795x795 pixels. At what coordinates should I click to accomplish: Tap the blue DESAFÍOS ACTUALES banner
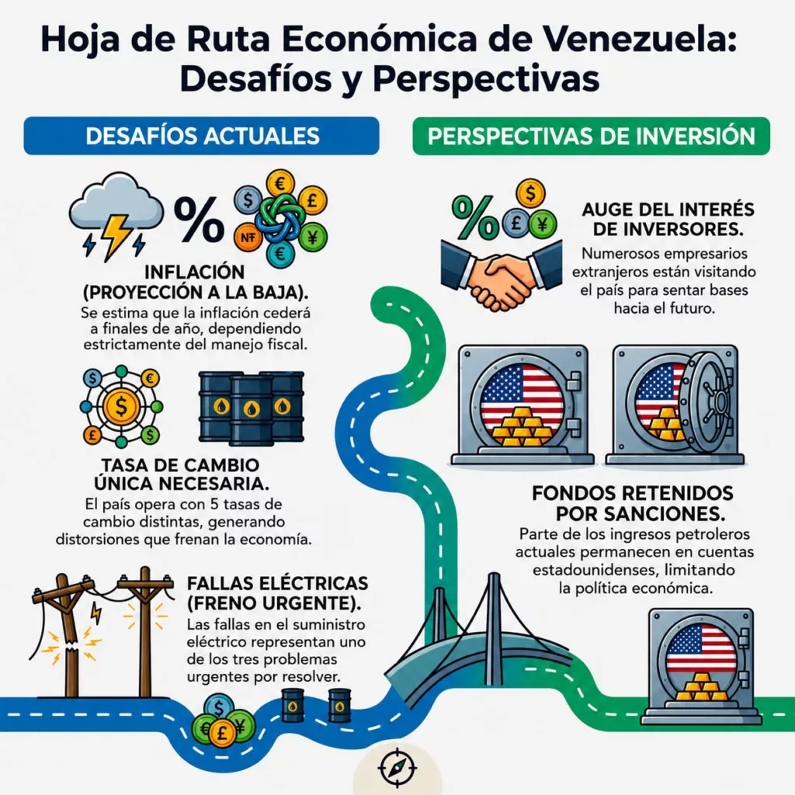(x=201, y=136)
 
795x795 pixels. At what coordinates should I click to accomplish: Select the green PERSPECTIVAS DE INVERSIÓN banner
(x=591, y=136)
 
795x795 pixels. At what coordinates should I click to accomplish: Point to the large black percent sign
(x=199, y=219)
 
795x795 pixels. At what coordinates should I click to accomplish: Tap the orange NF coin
(x=248, y=237)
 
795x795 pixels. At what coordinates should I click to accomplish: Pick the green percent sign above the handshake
(x=474, y=217)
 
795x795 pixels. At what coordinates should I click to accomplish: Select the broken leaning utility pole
(x=68, y=637)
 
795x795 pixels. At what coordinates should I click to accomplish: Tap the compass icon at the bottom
(x=397, y=767)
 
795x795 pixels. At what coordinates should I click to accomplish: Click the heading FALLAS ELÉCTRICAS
(x=277, y=584)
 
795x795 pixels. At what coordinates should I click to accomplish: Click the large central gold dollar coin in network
(x=121, y=406)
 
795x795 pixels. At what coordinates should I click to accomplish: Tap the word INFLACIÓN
(x=195, y=273)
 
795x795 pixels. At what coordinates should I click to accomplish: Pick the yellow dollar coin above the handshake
(x=531, y=193)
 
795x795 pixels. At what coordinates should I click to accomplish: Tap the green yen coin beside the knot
(x=312, y=237)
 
